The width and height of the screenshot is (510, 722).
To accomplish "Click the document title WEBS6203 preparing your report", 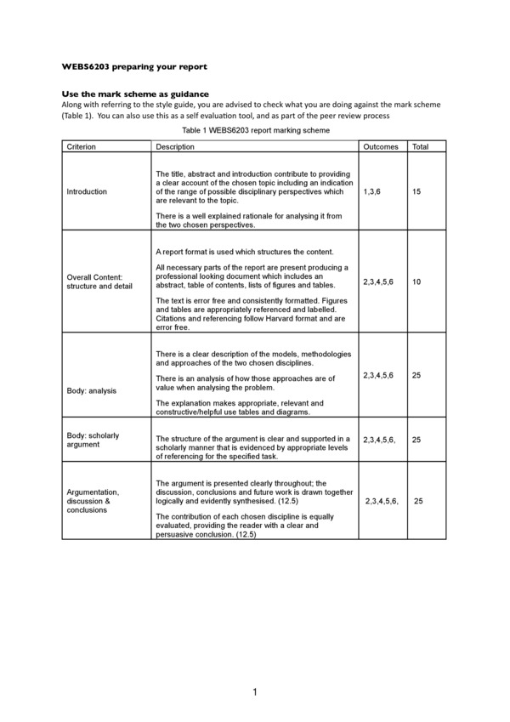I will (134, 65).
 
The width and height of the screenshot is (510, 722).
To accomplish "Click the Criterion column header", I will (82, 147).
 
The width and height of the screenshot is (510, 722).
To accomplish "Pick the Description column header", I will (176, 147).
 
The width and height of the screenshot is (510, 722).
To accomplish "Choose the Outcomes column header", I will (380, 147).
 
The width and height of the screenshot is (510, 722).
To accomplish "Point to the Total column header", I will (420, 147).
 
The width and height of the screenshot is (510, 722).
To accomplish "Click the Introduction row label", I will (87, 191).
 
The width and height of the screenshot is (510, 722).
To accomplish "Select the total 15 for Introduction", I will (416, 191).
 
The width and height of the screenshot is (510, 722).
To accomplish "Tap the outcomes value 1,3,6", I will (372, 191).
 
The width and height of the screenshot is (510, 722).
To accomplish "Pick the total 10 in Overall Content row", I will (416, 281).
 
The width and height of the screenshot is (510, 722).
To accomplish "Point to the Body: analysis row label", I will (92, 390).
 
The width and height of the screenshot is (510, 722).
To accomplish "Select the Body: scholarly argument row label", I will (93, 440).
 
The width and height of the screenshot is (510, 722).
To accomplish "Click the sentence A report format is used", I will (245, 253).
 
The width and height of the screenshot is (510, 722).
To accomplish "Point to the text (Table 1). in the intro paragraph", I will (78, 116).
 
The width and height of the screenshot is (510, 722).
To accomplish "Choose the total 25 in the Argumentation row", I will (419, 501).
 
